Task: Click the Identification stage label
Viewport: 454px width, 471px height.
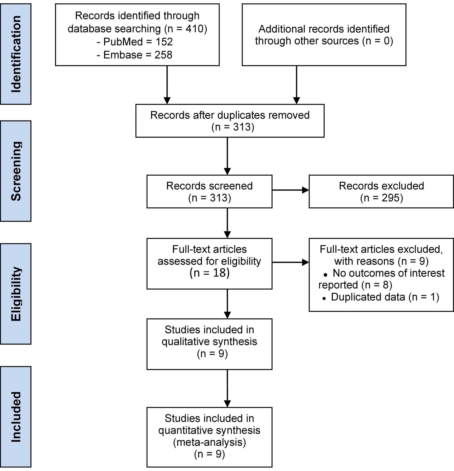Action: tap(16, 54)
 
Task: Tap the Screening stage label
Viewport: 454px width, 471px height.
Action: tap(16, 171)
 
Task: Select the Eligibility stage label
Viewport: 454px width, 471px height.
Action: tap(16, 294)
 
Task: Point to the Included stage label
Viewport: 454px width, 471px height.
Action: tap(16, 417)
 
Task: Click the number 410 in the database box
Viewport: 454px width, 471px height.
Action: tap(194, 29)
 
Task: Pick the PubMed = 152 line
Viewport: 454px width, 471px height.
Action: tap(135, 42)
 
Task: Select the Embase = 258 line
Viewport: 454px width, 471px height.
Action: tap(135, 55)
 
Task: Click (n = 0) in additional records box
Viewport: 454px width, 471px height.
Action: tap(378, 41)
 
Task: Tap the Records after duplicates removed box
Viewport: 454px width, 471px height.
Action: tap(230, 121)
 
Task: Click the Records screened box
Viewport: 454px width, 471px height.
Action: tap(209, 191)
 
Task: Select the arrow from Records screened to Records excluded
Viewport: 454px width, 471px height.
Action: tap(290, 190)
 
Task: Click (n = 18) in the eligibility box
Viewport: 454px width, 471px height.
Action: tap(209, 273)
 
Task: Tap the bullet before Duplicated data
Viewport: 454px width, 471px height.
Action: tap(324, 298)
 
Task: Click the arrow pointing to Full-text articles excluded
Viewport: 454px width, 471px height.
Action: tap(290, 262)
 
